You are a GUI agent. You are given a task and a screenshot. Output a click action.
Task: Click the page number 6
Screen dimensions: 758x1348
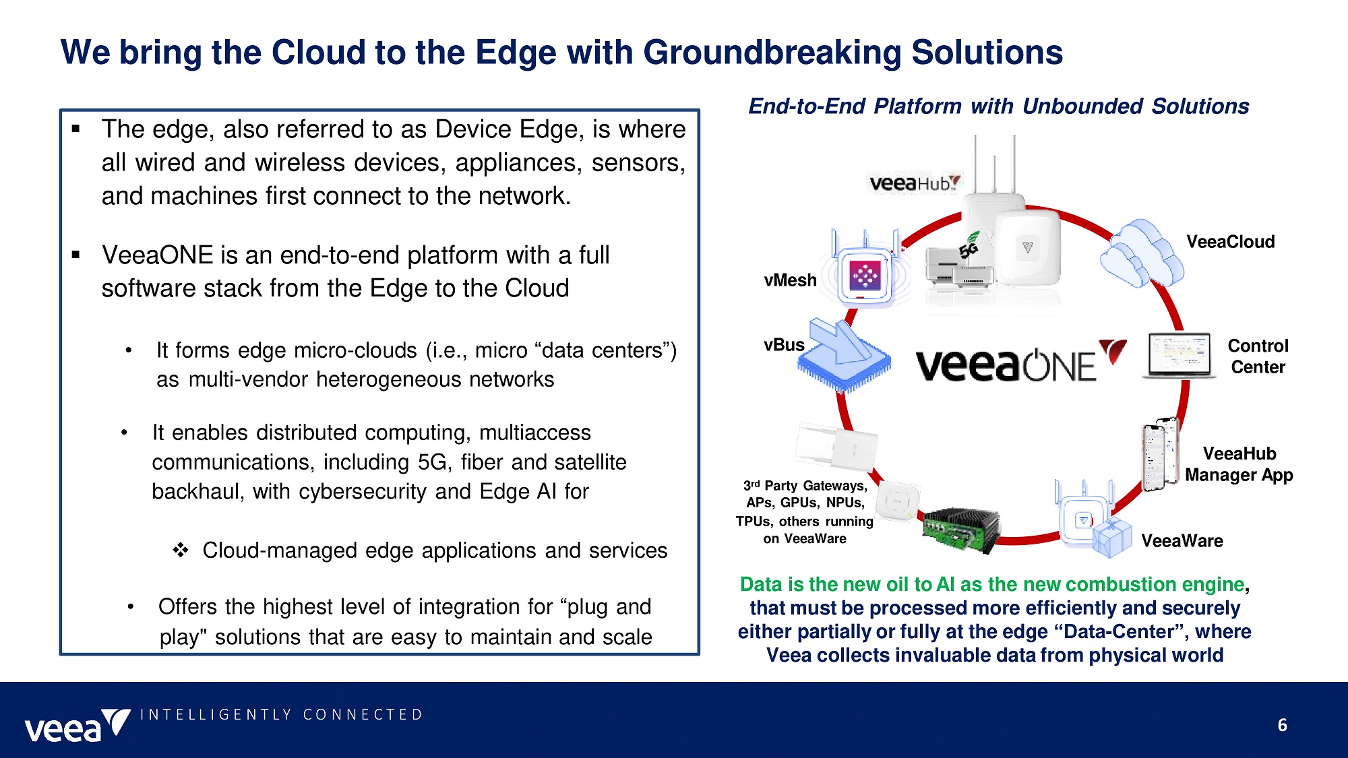[1282, 725]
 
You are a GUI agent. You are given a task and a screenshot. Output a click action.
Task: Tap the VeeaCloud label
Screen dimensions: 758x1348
[1230, 242]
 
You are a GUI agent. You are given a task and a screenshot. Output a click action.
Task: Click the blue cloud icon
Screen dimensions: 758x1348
[1140, 253]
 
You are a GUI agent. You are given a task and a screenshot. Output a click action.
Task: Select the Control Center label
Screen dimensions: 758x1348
[1258, 356]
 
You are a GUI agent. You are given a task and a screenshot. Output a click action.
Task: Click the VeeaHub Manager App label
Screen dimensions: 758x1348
[1239, 464]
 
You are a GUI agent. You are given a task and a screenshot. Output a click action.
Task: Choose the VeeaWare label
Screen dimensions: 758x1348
[1182, 541]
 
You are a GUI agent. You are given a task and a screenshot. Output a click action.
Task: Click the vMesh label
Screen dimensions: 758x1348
[790, 280]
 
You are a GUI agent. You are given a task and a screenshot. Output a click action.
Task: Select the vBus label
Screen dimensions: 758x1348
[784, 345]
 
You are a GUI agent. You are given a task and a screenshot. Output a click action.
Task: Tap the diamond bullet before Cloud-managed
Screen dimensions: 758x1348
[181, 550]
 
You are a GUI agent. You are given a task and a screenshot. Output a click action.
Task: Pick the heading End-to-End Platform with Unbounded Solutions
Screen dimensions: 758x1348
[998, 106]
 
